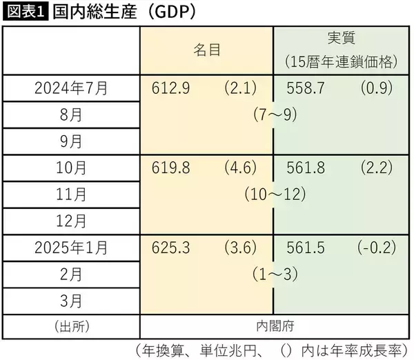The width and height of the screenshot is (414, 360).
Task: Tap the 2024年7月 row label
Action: point(71,88)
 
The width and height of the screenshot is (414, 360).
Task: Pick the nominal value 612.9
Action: point(168,88)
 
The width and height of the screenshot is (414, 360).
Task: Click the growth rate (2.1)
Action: point(239,88)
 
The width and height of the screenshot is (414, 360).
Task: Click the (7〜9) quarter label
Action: point(275,115)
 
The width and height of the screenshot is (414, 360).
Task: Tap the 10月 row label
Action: point(71,168)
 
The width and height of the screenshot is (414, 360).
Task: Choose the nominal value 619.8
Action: point(168,168)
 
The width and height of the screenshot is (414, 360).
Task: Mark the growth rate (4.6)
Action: point(239,168)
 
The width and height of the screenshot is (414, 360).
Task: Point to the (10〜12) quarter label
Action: point(275,194)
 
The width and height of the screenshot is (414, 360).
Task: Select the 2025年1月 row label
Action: point(71,247)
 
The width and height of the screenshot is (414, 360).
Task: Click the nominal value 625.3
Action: point(168,247)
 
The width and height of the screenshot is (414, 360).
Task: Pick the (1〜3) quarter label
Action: point(275,274)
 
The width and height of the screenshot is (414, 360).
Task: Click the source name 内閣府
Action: point(275,325)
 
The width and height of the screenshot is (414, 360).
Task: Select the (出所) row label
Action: point(71,325)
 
